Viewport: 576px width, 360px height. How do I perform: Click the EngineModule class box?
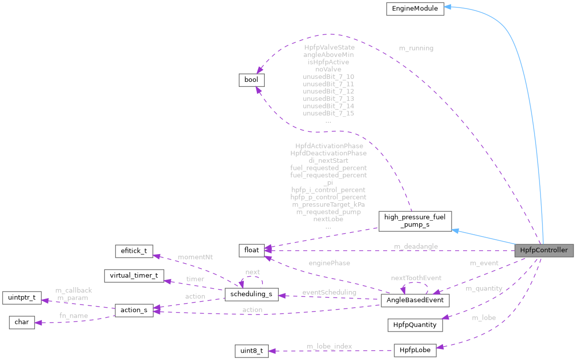[x=415, y=8]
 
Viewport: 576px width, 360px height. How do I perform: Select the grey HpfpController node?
[x=544, y=250]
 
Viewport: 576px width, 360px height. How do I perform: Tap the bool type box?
[x=251, y=80]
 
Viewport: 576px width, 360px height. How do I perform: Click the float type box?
[x=251, y=250]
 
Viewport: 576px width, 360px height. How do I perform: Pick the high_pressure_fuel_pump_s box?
[x=415, y=221]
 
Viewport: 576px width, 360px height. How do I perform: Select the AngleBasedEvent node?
[x=415, y=301]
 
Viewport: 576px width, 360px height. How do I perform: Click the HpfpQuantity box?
[x=415, y=325]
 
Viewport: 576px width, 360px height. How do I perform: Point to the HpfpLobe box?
[x=415, y=351]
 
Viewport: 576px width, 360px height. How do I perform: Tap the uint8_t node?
[x=251, y=351]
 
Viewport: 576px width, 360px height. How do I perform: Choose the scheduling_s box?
[x=251, y=294]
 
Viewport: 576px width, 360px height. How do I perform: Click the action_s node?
[x=134, y=310]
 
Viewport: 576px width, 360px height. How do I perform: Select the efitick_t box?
[x=133, y=251]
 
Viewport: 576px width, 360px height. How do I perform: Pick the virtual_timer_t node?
[x=133, y=276]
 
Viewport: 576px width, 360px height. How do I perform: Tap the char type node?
[x=21, y=322]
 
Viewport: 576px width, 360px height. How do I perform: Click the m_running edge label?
[x=416, y=48]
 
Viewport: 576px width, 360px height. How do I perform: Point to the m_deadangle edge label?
[x=416, y=246]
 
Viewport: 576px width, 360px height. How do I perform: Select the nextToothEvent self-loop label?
[x=416, y=278]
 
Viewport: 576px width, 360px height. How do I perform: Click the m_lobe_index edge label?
[x=329, y=346]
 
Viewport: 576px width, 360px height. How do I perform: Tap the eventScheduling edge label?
[x=329, y=292]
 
